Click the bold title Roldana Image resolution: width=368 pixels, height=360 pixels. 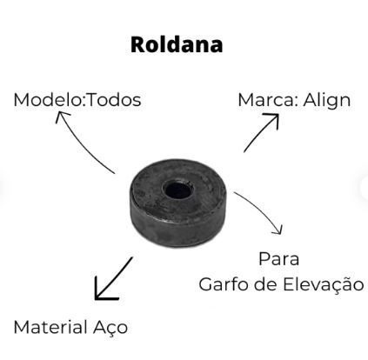(x=177, y=44)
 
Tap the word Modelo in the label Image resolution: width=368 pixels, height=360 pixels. (x=48, y=100)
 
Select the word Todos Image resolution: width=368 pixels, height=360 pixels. (x=114, y=100)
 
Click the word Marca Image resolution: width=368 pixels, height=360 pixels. (x=266, y=100)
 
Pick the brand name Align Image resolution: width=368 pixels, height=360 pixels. (x=327, y=101)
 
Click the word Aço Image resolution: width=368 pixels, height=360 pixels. (x=110, y=328)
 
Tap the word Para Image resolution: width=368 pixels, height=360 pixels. (x=278, y=259)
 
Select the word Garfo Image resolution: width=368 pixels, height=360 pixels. (x=224, y=284)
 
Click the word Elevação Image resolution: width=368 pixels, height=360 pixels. (x=324, y=284)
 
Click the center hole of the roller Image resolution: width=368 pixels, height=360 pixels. (x=177, y=190)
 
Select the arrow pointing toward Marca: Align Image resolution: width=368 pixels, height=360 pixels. (x=262, y=132)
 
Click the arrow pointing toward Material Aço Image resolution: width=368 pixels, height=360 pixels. (x=114, y=279)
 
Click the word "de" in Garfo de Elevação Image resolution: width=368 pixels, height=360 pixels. (x=266, y=284)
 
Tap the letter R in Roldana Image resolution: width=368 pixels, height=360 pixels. (x=137, y=44)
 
